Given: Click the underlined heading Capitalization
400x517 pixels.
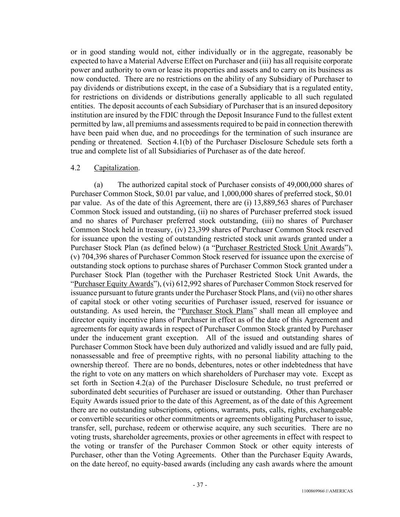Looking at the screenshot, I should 116,168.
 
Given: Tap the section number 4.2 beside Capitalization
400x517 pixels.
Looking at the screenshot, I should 75,168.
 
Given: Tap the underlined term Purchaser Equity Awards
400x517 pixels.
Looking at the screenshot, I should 113,284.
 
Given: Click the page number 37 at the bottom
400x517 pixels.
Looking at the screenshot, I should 200,485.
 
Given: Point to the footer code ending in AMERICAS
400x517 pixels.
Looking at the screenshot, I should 327,491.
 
